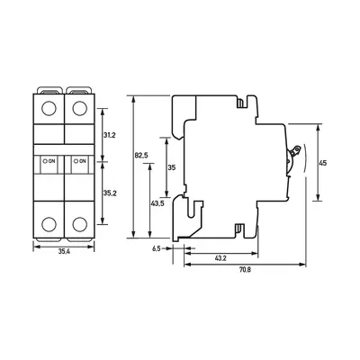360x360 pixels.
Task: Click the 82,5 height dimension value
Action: coord(141,156)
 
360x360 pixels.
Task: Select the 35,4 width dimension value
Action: coord(64,252)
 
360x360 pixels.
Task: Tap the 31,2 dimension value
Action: coord(110,135)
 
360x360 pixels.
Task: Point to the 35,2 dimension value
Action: coord(110,193)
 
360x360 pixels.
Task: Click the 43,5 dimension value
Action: coord(157,203)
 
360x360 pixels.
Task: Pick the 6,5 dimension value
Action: coord(157,248)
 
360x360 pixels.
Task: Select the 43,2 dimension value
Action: coord(220,258)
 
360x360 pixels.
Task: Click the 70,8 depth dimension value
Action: coord(245,269)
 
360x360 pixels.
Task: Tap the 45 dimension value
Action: coord(323,163)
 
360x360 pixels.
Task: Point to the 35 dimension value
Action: coord(171,167)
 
